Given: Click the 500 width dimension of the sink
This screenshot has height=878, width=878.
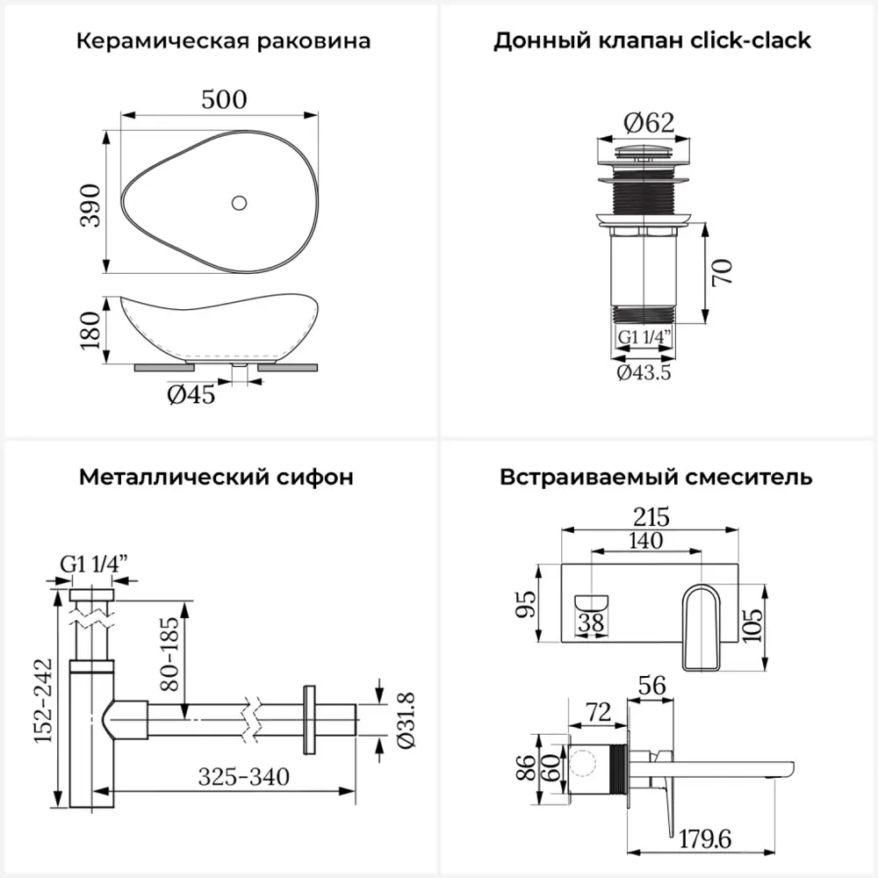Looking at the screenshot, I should tap(224, 99).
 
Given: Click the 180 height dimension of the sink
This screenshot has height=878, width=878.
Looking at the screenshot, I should tap(90, 329).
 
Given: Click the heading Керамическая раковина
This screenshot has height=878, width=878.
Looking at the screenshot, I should tap(223, 41).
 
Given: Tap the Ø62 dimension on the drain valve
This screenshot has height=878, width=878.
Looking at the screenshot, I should tap(649, 124).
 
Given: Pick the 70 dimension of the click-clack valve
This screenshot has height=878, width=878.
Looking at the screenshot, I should tap(721, 273).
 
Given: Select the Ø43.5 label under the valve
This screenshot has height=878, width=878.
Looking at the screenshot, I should tap(644, 372).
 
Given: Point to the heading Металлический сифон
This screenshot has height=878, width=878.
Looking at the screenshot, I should tap(217, 478).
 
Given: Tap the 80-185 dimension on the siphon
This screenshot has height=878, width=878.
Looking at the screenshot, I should tap(171, 651).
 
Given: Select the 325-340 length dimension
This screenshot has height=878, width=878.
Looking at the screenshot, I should tap(244, 777).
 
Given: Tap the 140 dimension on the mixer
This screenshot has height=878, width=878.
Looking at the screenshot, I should tap(646, 541).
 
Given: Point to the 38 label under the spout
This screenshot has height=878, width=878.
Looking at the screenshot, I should tap(594, 624).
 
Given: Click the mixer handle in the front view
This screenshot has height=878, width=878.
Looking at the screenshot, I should tap(702, 628).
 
